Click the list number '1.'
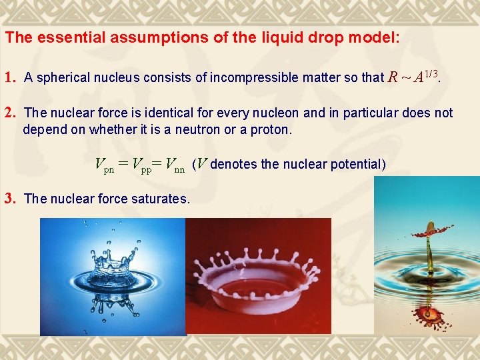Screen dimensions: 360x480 (11, 77)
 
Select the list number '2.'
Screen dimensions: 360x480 (11, 113)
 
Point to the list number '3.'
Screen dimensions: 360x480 (11, 198)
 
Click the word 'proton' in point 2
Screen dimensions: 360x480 (270, 129)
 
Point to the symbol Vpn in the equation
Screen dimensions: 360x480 (105, 165)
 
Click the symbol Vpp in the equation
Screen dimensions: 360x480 (142, 165)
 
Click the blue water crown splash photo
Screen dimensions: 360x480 (112, 277)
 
